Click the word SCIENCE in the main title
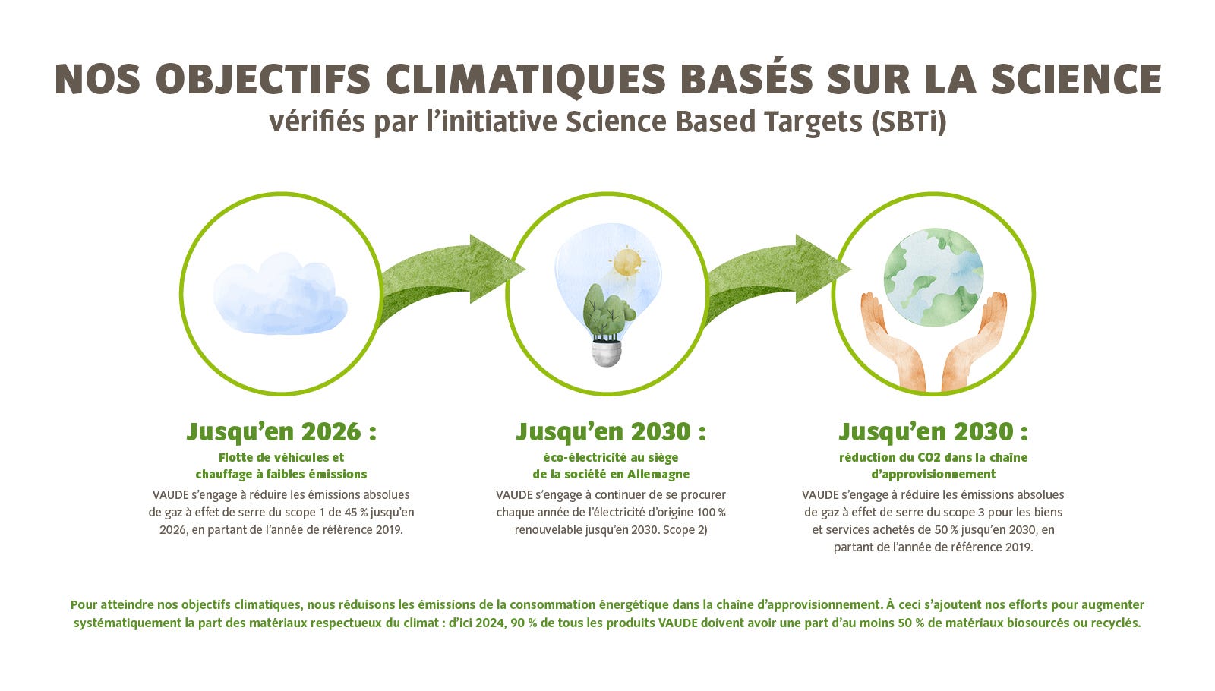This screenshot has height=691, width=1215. (x=1075, y=80)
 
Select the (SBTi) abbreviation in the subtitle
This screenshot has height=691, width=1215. (x=908, y=121)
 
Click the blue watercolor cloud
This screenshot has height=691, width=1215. (x=280, y=293)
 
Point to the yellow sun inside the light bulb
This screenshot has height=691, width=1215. (x=627, y=261)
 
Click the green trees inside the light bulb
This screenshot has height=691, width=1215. (x=608, y=313)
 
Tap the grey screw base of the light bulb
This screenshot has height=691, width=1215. (x=606, y=353)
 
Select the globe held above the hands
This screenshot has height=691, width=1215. (x=933, y=277)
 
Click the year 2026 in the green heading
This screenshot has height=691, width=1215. (x=331, y=432)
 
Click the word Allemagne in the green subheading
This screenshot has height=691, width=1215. (x=658, y=475)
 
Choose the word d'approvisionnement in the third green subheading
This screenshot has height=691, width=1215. (x=933, y=475)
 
